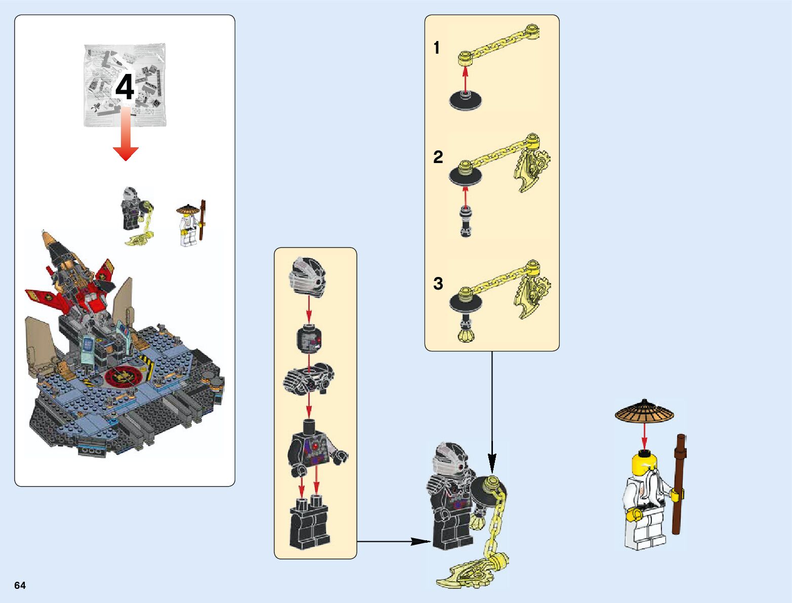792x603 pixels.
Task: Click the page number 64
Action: (20, 585)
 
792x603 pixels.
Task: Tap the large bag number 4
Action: (124, 88)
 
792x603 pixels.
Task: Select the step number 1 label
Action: (437, 48)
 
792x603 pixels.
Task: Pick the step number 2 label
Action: (438, 157)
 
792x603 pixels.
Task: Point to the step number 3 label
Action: (438, 284)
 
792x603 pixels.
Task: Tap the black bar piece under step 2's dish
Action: (465, 222)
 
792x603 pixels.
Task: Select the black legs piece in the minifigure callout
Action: (309, 524)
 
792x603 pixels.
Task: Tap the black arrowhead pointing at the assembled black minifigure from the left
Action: (420, 541)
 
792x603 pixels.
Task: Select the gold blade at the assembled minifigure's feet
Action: (466, 575)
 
